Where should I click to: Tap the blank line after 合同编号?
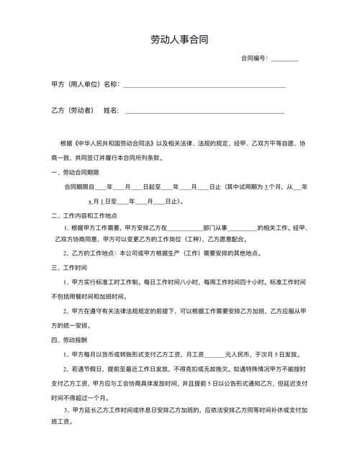(284, 60)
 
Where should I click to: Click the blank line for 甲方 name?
(204, 86)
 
